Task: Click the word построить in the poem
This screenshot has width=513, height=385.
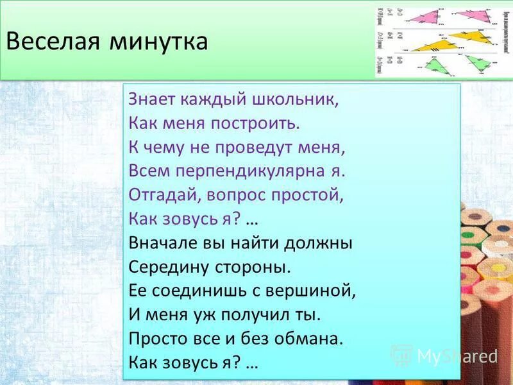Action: tap(249, 123)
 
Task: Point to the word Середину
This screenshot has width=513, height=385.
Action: tap(163, 267)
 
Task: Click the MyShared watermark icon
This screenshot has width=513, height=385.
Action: tap(401, 355)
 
